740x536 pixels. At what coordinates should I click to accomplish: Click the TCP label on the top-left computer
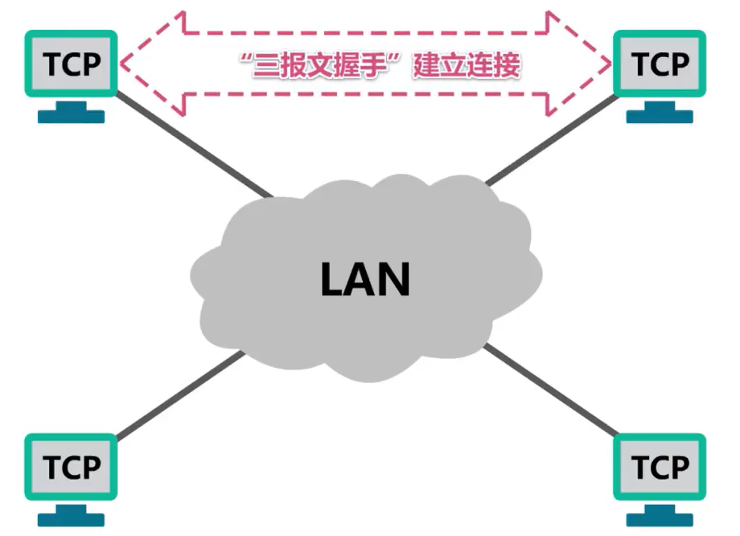point(72,64)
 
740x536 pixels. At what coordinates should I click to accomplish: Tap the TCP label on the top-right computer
point(660,64)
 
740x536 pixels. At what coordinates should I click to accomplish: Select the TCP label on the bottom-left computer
point(72,467)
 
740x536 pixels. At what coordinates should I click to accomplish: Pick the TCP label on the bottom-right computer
point(660,467)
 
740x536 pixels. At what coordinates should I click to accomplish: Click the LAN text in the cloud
point(366,279)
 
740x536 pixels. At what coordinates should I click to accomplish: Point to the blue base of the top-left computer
point(72,114)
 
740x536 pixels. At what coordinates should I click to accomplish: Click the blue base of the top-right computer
point(660,114)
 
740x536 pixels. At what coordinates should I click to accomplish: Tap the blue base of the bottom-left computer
point(72,517)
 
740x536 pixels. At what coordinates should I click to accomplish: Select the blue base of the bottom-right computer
point(660,517)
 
